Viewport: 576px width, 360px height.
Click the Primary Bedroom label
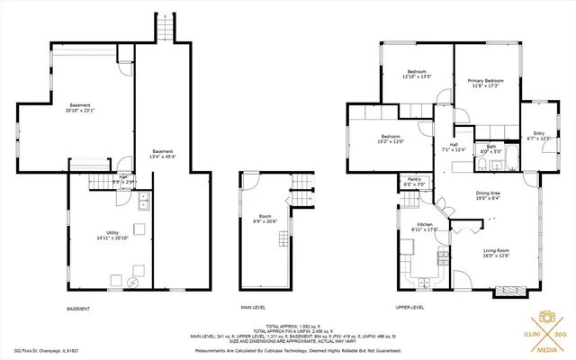tap(485, 81)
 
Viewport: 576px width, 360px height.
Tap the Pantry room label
tap(414, 179)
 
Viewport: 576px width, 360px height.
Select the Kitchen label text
tap(425, 225)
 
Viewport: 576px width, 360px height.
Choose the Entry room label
tap(539, 134)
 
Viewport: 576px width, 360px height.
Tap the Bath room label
tap(490, 147)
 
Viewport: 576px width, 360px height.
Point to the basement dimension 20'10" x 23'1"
tap(79, 111)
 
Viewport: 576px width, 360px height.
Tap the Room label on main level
tap(265, 216)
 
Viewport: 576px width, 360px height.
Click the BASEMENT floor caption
tap(78, 308)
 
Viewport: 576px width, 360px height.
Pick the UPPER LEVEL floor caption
tap(409, 308)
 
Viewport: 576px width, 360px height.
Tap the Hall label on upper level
tap(454, 144)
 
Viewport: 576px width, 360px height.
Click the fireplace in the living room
tap(507, 290)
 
